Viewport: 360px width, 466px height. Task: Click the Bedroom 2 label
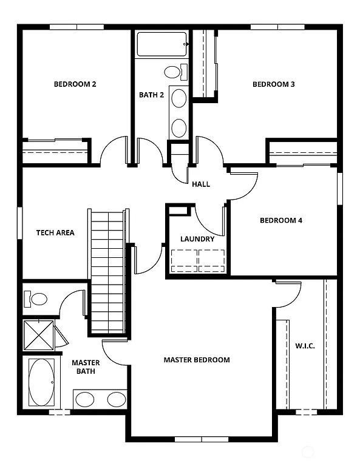[x=75, y=84]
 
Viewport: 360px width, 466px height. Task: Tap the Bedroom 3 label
[x=273, y=84]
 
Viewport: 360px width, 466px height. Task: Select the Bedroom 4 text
[x=280, y=220]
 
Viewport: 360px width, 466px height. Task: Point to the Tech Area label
[x=55, y=232]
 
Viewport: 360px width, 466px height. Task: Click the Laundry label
[x=197, y=239]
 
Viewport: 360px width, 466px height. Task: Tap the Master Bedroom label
[x=197, y=360]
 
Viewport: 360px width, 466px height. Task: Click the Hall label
[x=201, y=184]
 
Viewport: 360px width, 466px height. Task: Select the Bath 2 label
[x=151, y=95]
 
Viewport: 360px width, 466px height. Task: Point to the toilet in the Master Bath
[x=36, y=299]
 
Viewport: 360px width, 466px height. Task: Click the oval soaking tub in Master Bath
[x=41, y=383]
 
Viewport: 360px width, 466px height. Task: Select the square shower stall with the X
[x=39, y=334]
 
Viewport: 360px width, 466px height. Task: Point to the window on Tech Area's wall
[x=20, y=223]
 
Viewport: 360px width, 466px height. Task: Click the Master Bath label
[x=86, y=367]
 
